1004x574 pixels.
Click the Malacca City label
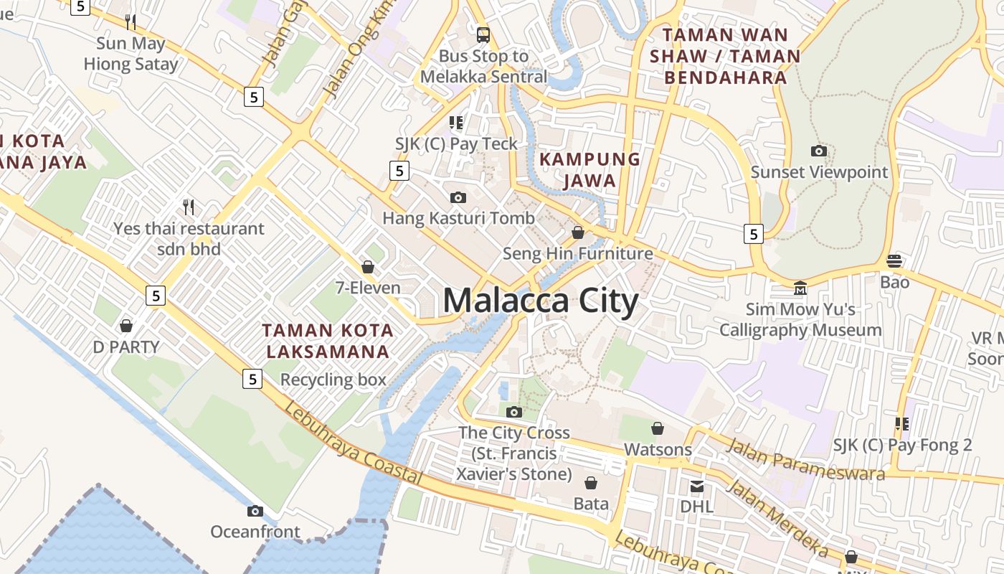[540, 301]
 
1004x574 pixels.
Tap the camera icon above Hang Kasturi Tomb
[458, 197]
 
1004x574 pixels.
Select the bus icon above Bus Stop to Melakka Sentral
[483, 34]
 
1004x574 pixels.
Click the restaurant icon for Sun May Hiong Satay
[131, 22]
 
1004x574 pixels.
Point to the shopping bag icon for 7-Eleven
[368, 267]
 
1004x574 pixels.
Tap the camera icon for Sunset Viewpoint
[818, 151]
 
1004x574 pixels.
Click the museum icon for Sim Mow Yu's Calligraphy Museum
[800, 288]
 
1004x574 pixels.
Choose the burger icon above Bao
[894, 260]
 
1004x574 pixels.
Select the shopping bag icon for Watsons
[658, 428]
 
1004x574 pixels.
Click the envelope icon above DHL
[696, 486]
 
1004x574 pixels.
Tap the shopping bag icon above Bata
[591, 482]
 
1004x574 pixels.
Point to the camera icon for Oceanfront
[255, 511]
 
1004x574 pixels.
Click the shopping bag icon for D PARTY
[126, 326]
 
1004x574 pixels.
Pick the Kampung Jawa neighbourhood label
[589, 169]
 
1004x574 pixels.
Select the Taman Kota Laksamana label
[328, 341]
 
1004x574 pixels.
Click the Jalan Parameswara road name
[805, 459]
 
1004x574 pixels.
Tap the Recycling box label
[333, 380]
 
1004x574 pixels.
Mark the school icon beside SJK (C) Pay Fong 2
[901, 424]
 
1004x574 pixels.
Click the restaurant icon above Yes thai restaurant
[189, 207]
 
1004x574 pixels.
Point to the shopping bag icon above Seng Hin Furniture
[578, 232]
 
